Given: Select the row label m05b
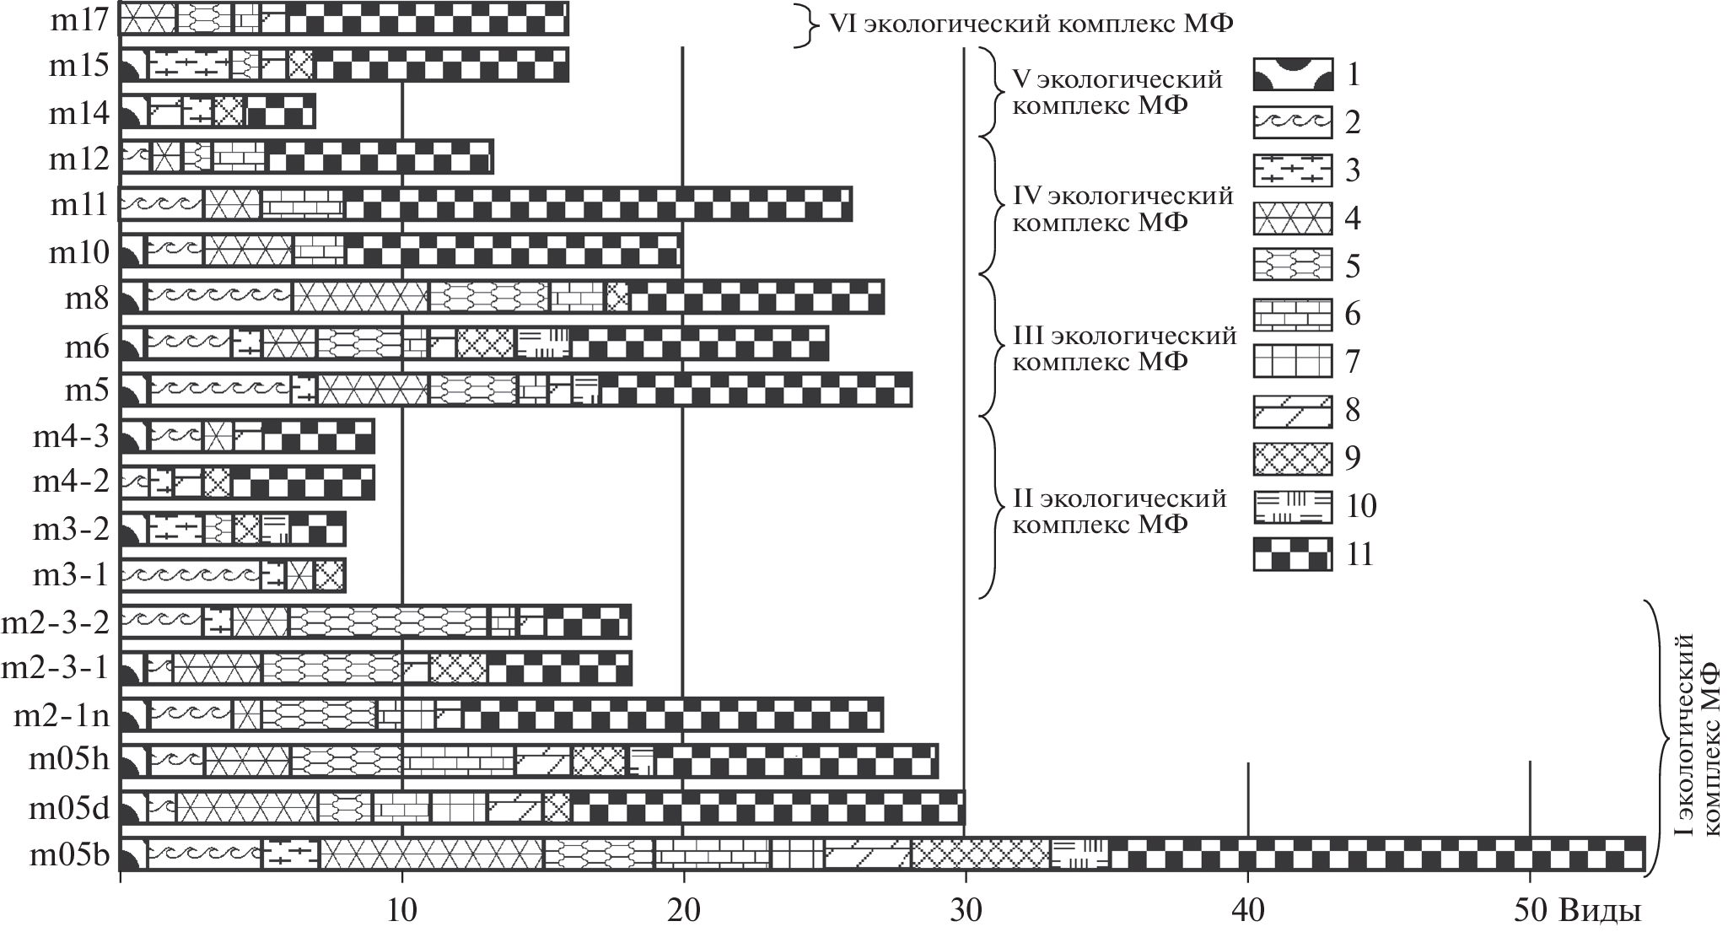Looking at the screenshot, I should point(70,855).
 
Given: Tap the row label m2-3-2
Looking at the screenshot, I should point(56,622).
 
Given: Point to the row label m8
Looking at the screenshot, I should point(88,299).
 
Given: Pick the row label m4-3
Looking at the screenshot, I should point(72,438).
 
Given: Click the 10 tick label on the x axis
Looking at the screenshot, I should point(401,911).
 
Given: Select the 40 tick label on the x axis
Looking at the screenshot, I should point(1247,911).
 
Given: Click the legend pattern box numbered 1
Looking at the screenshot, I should point(1292,75).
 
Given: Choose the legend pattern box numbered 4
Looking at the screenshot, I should point(1292,218).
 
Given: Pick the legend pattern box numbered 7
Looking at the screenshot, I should point(1292,362).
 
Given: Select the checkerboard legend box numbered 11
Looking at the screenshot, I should point(1292,554).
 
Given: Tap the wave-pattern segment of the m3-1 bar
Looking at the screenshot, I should point(190,576).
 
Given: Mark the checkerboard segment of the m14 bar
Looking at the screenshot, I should point(279,111).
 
